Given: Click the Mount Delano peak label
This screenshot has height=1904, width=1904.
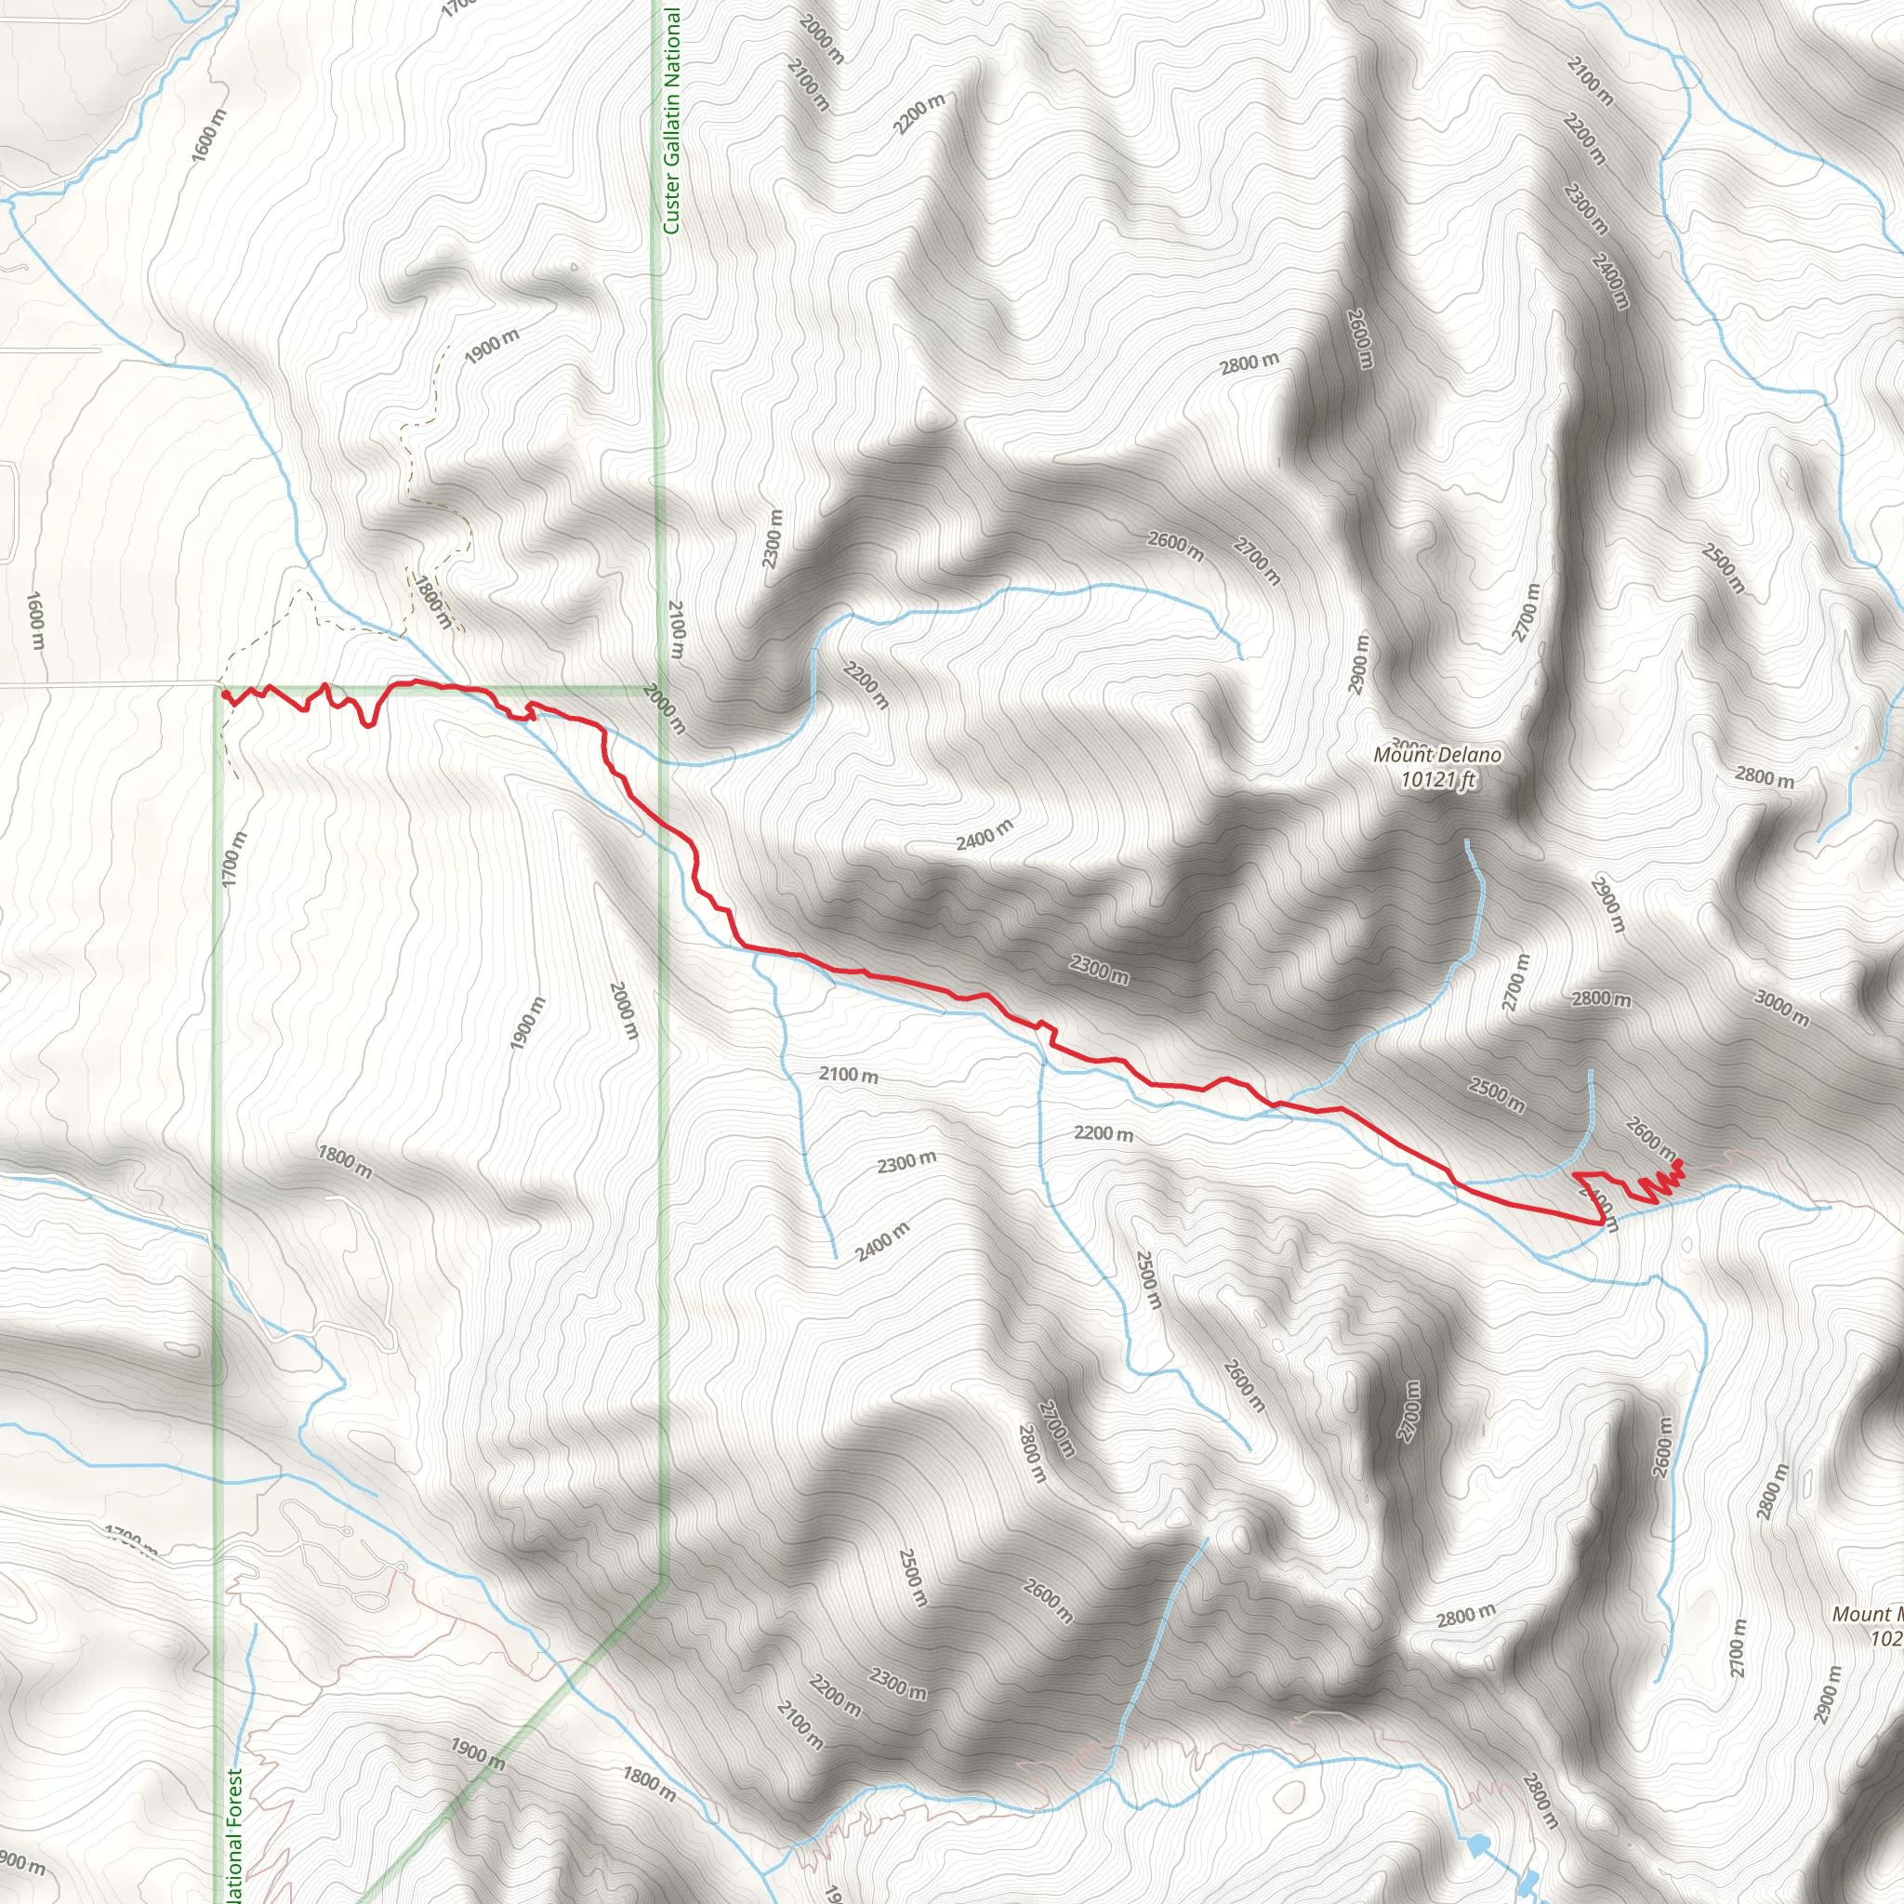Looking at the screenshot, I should pos(1437,755).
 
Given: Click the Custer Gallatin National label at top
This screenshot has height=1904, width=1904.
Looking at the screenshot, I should pos(672,118).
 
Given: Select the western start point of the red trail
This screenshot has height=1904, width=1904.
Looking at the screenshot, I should pos(227,694).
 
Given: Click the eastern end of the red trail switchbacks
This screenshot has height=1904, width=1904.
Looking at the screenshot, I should pos(1677,1166).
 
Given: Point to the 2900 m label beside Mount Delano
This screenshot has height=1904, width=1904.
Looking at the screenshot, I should pos(1359,663).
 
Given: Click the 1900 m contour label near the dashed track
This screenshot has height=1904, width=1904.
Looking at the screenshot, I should pos(491,345).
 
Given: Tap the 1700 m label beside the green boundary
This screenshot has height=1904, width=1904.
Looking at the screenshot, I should pos(233,858).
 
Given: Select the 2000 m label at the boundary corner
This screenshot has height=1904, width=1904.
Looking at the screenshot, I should pos(664,708).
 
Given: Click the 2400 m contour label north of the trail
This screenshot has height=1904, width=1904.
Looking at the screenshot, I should pos(984,835).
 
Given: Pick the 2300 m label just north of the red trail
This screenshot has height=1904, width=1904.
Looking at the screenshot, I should pos(1099,970).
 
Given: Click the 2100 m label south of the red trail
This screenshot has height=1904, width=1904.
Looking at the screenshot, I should pos(848,1074).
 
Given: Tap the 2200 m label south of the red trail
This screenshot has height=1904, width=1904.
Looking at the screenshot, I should pos(1103,1133).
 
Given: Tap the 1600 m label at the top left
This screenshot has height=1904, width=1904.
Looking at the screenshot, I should pos(209,135).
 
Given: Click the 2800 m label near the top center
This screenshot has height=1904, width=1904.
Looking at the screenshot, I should pos(1249,363).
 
